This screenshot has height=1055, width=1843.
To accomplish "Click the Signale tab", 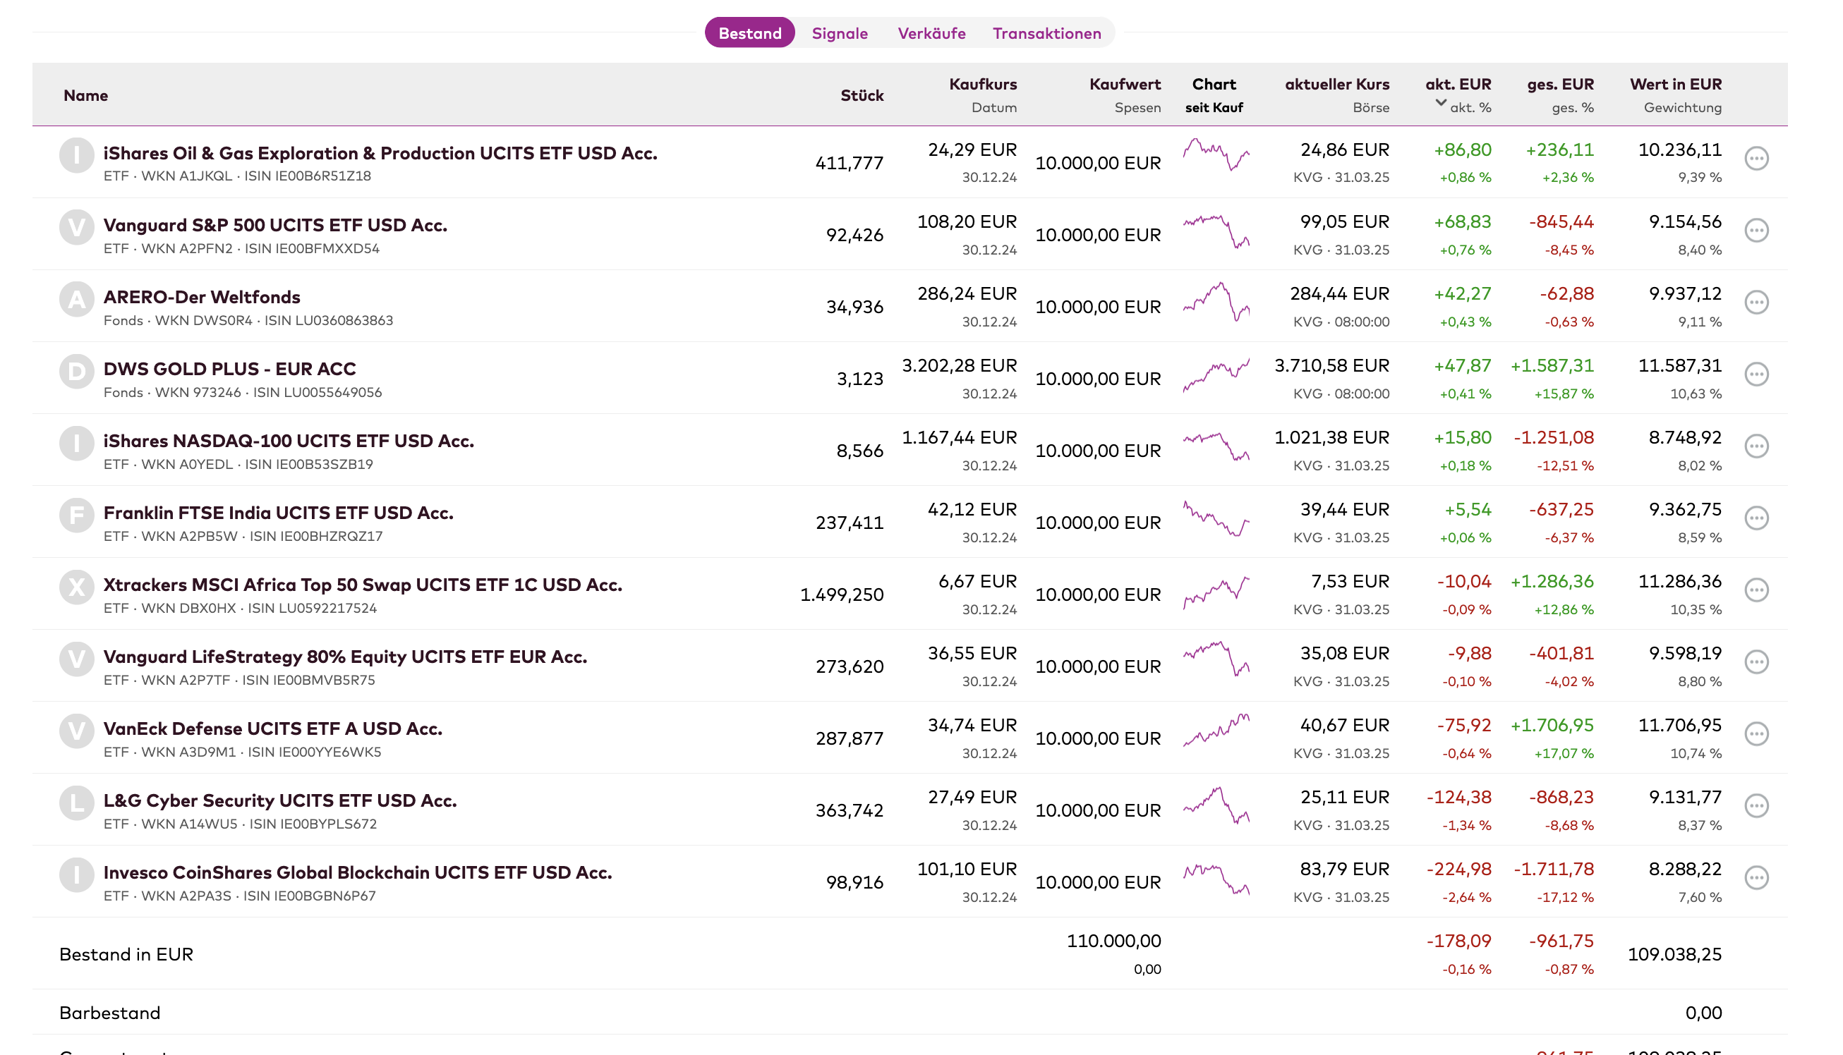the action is (839, 33).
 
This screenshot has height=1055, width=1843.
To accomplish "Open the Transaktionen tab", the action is (1046, 33).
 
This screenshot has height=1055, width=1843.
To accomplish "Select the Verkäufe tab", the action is (931, 33).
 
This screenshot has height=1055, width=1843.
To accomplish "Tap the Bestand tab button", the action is (749, 32).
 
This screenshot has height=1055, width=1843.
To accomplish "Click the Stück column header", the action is (862, 96).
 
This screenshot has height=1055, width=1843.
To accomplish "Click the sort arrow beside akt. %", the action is (1441, 103).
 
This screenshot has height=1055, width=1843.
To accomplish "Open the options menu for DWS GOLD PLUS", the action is (1756, 374).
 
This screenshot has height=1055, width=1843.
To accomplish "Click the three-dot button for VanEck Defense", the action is (1756, 734).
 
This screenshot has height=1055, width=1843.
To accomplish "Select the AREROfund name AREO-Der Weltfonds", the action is (202, 297).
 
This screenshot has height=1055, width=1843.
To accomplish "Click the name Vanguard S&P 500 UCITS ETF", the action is (275, 226).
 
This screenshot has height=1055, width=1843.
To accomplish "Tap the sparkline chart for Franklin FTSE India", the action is (1216, 518).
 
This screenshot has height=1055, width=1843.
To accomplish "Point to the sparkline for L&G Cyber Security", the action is (1216, 806).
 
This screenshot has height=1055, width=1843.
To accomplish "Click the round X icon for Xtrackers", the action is (77, 587).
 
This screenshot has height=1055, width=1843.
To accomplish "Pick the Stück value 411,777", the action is (850, 163).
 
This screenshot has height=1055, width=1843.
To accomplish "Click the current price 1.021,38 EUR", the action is (1331, 438).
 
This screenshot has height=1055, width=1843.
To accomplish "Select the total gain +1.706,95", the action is (1552, 725).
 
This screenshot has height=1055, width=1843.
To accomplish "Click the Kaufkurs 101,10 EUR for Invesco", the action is (967, 869).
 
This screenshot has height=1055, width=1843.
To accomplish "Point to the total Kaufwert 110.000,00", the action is (1113, 941).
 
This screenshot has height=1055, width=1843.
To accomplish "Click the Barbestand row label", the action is (110, 1013).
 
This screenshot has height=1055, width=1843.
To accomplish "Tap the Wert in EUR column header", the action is (1676, 84).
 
